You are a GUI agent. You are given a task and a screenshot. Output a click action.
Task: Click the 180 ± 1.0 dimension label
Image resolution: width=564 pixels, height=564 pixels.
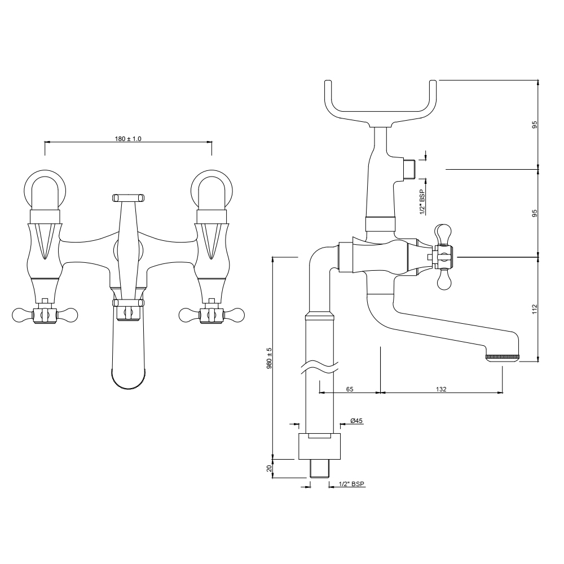127,138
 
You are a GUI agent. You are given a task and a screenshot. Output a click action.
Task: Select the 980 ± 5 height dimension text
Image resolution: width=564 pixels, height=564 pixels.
270,358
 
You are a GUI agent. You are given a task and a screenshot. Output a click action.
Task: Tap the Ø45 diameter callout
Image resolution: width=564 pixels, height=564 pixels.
356,421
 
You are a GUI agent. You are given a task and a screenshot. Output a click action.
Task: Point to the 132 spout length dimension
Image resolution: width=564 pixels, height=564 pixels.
442,389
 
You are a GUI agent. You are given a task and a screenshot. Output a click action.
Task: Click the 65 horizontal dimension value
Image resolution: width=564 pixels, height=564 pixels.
350,389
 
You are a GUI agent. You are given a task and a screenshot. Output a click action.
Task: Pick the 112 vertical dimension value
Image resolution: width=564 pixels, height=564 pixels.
535,309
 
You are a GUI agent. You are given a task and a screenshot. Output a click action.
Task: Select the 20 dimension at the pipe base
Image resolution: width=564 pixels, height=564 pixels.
270,468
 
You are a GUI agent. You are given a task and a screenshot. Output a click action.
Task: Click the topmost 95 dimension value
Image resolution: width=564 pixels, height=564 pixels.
535,124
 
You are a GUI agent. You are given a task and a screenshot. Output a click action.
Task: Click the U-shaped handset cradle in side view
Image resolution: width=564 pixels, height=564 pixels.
382,104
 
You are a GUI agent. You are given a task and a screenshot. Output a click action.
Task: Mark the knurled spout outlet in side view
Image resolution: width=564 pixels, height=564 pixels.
503,358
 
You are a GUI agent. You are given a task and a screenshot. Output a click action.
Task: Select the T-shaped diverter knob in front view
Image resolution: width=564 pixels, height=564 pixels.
128,197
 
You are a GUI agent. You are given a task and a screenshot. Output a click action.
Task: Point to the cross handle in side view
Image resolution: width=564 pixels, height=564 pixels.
443,257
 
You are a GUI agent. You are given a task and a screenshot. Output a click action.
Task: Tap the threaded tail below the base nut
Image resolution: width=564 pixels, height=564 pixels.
320,468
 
